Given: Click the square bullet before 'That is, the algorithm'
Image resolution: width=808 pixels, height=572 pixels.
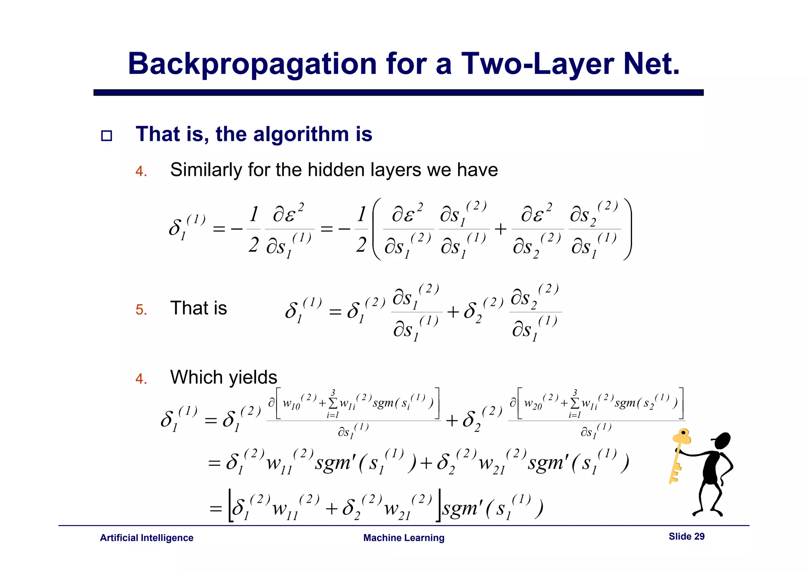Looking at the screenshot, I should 107,136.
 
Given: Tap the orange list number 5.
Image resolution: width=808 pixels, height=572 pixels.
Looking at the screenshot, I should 141,310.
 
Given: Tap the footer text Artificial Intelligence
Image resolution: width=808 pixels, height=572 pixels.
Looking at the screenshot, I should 146,538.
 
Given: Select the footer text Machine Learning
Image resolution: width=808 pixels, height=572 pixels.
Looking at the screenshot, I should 404,538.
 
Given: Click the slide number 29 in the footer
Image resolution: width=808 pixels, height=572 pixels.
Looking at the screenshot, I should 699,536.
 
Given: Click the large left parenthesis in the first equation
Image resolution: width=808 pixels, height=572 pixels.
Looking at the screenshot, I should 376,229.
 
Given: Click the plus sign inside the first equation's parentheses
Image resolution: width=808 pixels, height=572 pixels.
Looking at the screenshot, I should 500,229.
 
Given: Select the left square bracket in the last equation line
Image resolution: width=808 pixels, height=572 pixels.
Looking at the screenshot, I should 231,506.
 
